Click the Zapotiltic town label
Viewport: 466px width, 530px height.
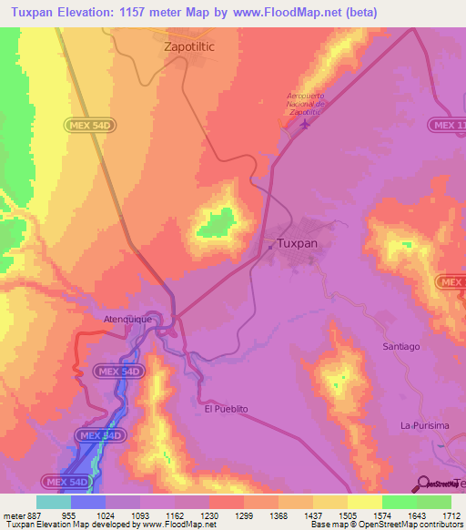[195, 43]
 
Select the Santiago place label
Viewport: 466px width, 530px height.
[400, 347]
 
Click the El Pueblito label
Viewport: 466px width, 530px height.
[226, 409]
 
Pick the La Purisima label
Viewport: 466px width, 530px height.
[425, 426]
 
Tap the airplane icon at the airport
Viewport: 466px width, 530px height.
[303, 124]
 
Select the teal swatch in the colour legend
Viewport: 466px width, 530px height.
[54, 502]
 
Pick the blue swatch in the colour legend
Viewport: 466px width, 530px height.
[88, 502]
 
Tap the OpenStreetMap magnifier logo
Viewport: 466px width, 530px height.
[421, 484]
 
